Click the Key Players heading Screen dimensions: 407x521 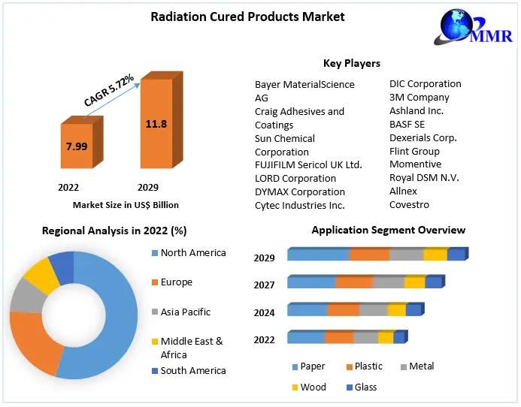click(352, 64)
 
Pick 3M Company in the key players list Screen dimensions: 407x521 click(419, 98)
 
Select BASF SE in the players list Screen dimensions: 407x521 click(407, 125)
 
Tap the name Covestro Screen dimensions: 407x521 click(409, 205)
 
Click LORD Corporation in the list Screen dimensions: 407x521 click(295, 179)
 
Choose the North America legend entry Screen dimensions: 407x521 click(192, 253)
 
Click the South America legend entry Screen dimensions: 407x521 click(192, 371)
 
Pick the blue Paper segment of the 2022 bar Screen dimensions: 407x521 click(305, 338)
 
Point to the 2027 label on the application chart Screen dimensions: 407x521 click(264, 285)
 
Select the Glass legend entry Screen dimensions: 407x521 click(365, 387)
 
